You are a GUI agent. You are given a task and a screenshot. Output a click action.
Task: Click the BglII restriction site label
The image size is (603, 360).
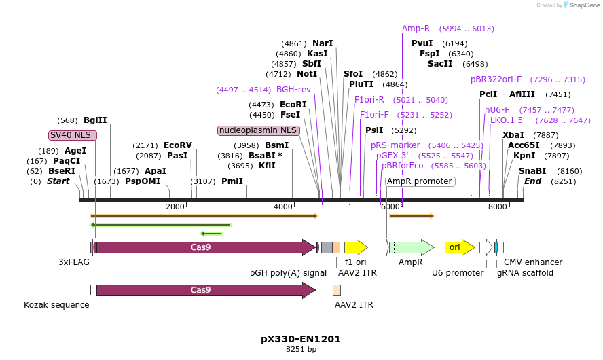[x=95, y=120]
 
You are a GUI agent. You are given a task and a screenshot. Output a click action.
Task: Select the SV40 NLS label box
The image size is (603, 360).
[x=73, y=135]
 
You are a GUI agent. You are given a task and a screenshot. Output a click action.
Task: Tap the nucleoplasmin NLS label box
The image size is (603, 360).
[x=258, y=130]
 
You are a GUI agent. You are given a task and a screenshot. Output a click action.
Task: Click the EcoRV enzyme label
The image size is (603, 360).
[x=178, y=145]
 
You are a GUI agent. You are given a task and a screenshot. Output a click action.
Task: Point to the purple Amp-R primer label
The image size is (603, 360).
[x=416, y=29]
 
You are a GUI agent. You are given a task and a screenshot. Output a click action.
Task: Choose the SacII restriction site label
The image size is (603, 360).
[x=440, y=64]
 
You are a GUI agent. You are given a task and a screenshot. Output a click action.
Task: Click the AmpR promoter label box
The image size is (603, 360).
[x=420, y=181]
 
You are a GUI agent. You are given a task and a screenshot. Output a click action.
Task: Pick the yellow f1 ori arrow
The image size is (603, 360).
[x=356, y=247]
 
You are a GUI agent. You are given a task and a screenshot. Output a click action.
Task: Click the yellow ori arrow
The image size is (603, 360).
[x=459, y=247]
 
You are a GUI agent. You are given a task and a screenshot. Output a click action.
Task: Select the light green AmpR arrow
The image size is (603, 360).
[x=414, y=247]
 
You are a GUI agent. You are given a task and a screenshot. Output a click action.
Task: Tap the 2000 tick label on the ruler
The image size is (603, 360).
[x=175, y=206]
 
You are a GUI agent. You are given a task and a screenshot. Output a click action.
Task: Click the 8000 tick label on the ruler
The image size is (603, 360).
[x=498, y=206]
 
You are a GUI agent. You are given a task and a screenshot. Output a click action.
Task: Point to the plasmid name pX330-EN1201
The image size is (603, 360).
[x=301, y=338]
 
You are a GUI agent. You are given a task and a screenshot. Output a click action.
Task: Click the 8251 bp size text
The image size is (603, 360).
[x=301, y=350]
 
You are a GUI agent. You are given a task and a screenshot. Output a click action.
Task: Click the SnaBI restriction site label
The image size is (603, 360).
[x=532, y=171]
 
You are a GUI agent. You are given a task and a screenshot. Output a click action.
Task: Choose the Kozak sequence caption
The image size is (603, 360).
[x=56, y=305]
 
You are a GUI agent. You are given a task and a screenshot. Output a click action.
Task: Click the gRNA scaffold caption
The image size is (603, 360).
[x=525, y=273]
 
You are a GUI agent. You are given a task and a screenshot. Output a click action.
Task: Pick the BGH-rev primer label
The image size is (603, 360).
[x=293, y=89]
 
